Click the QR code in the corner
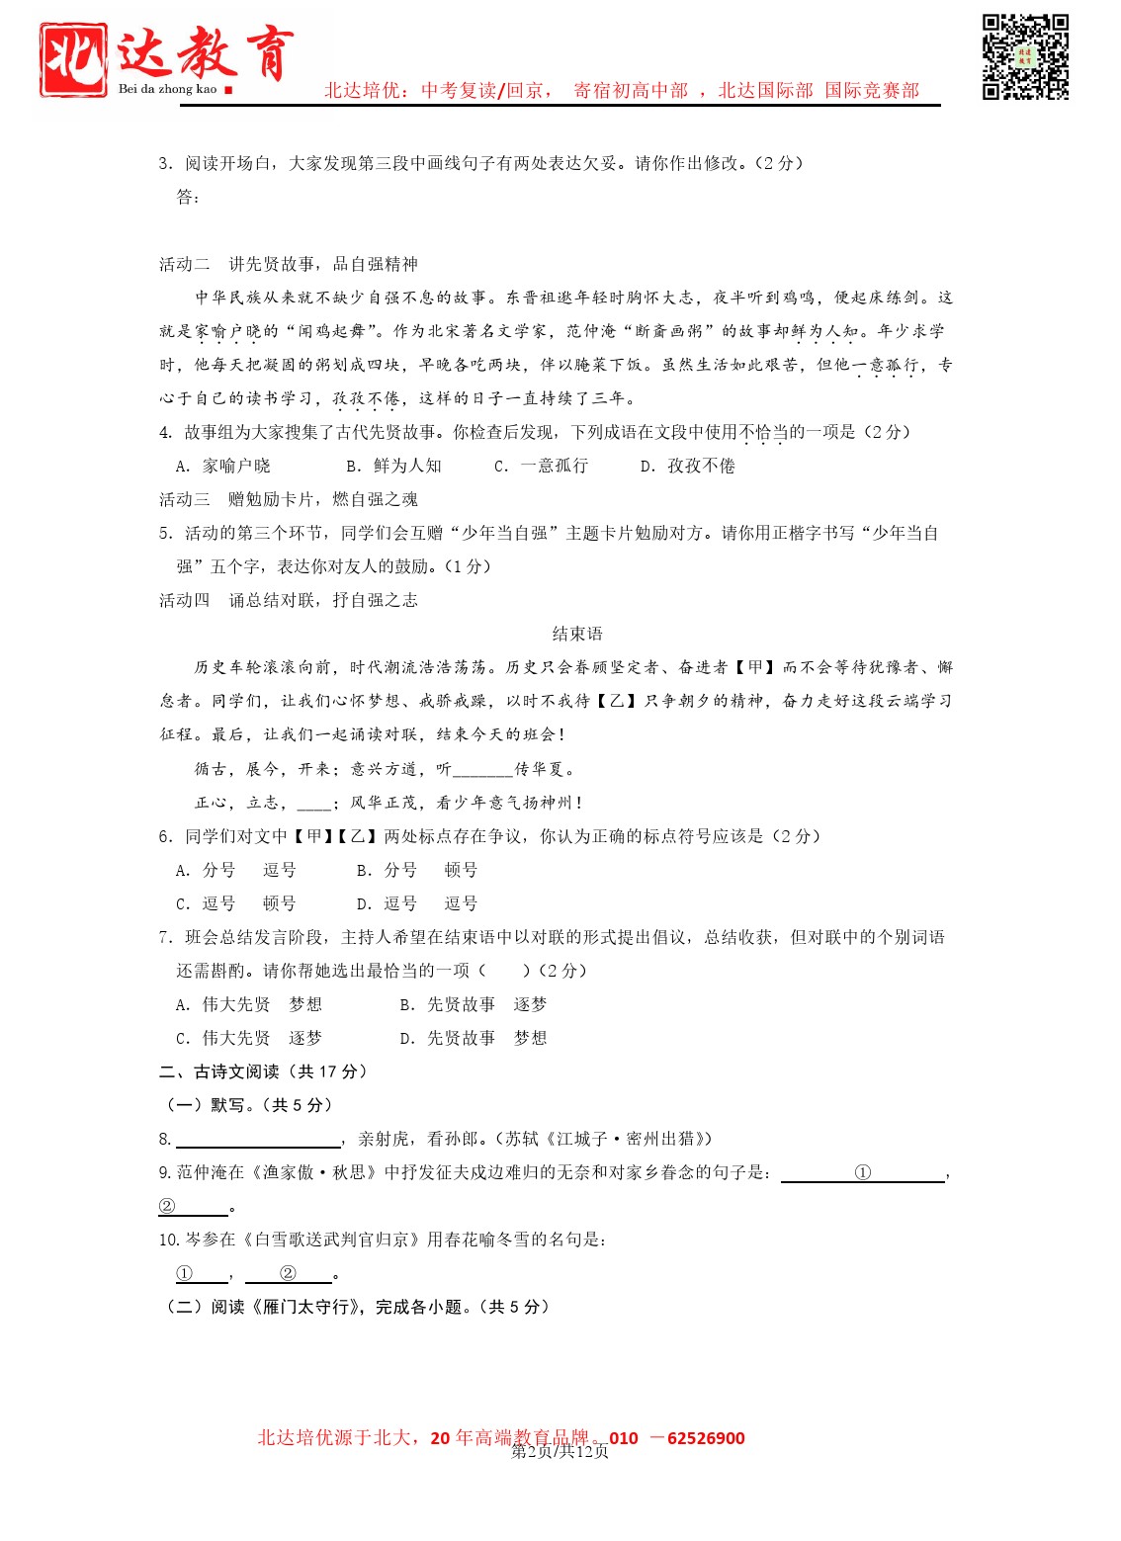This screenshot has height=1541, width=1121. coord(1025,56)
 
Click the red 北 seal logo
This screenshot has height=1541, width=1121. coord(73,59)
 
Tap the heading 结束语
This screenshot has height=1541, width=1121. coord(577,634)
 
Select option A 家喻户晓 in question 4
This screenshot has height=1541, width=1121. coord(223,466)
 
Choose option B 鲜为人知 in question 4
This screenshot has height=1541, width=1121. coord(394,466)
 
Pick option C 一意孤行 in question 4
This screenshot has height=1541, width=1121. coord(542,466)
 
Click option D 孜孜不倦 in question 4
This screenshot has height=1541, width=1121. coord(688,466)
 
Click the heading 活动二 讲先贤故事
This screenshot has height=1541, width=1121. coord(289,264)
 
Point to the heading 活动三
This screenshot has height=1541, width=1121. coord(289,499)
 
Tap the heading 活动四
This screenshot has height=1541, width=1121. coord(289,600)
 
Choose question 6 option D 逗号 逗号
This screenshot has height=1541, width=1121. coord(417,903)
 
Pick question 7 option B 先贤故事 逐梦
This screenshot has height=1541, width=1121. coord(474,1004)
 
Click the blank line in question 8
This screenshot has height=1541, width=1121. coord(258,1140)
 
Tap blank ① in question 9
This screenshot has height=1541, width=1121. coord(863,1173)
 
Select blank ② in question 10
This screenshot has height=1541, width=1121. coord(288,1274)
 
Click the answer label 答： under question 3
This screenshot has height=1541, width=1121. coord(188,197)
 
